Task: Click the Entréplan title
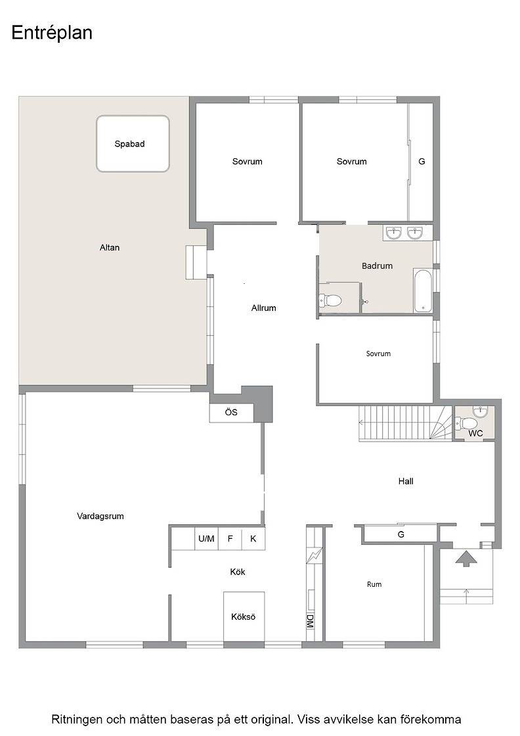coord(52,34)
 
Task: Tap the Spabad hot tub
coord(133,144)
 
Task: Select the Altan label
coord(110,247)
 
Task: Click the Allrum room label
coord(263,308)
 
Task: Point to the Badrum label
coord(377,265)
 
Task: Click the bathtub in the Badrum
coord(423,290)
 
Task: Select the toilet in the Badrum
coord(330,300)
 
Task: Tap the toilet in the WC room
coord(468,423)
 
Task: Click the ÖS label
coord(231,413)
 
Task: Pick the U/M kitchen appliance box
coord(206,539)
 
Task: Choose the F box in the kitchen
coord(230,539)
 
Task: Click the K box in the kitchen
coord(253,539)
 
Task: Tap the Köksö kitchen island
coord(244,617)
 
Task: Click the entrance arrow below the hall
coord(466,559)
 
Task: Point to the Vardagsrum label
coord(100,516)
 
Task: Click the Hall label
coord(406,481)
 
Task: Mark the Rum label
coord(374,584)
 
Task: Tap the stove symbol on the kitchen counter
coord(314,556)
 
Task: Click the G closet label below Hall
coord(401,534)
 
